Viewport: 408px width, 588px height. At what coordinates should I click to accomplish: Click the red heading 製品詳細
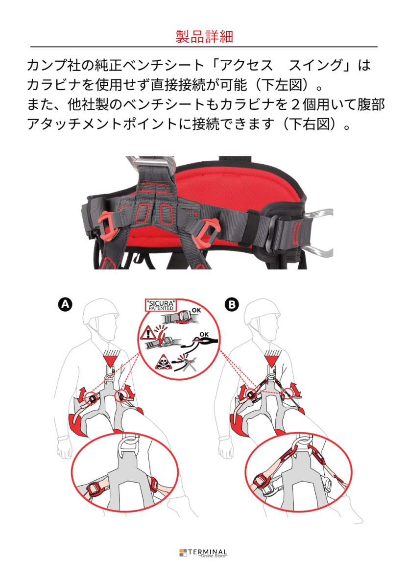[204, 36]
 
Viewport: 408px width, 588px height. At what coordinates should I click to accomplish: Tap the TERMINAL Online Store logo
[203, 553]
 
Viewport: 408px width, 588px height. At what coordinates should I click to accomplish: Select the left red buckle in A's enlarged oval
[93, 488]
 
